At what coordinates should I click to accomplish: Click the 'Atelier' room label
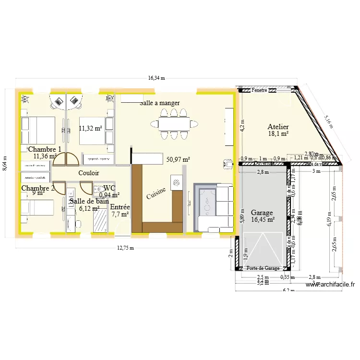(x=278, y=127)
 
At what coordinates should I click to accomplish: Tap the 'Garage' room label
(x=262, y=213)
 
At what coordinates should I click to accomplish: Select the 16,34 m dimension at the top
(x=156, y=78)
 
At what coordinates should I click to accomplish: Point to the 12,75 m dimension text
(x=126, y=248)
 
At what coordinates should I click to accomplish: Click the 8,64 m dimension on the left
(x=5, y=164)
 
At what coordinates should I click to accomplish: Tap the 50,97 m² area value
(x=178, y=159)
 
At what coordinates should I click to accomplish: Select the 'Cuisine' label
(x=156, y=193)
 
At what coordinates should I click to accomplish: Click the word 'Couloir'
(x=89, y=172)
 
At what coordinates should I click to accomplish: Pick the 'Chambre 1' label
(x=45, y=149)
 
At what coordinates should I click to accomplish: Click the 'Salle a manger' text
(x=160, y=103)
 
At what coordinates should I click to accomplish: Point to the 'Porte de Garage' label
(x=263, y=268)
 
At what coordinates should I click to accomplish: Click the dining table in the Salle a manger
(x=174, y=124)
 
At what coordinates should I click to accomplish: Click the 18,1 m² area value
(x=278, y=134)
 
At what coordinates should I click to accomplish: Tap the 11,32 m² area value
(x=90, y=128)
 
